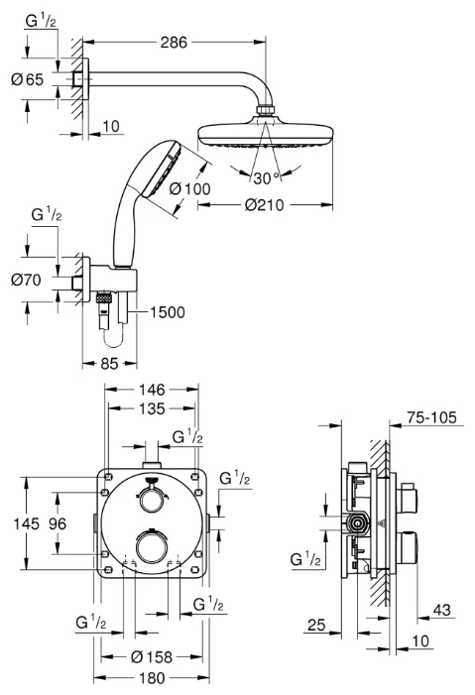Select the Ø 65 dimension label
point(30,79)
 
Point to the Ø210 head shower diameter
point(267,205)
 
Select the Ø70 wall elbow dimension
point(30,281)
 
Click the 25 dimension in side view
point(317,626)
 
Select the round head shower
point(265,133)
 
